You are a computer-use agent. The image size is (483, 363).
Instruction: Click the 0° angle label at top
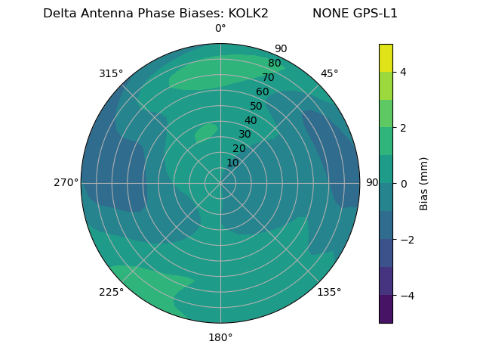click(x=220, y=29)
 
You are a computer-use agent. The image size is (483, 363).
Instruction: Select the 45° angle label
click(x=329, y=73)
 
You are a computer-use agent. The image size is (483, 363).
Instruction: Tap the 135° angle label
click(x=329, y=292)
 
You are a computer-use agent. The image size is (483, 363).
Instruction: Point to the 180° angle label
click(x=220, y=337)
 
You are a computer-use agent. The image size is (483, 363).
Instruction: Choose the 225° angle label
click(x=111, y=292)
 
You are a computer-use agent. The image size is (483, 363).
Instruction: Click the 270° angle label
click(x=66, y=182)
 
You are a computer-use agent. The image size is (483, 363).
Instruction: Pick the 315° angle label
click(x=111, y=73)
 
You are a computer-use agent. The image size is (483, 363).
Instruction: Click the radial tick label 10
click(x=232, y=163)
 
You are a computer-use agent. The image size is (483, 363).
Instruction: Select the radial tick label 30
click(x=245, y=135)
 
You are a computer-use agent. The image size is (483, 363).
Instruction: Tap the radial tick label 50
click(x=256, y=107)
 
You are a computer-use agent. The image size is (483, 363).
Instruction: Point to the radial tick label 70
click(x=268, y=78)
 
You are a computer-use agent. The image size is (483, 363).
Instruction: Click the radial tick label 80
click(x=274, y=64)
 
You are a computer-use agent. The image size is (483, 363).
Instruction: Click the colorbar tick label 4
click(x=403, y=72)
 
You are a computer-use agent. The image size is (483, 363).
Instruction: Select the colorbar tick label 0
click(x=403, y=183)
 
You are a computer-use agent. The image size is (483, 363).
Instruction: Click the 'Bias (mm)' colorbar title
click(x=424, y=183)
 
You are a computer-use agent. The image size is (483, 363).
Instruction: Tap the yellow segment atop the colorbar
click(x=386, y=57)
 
